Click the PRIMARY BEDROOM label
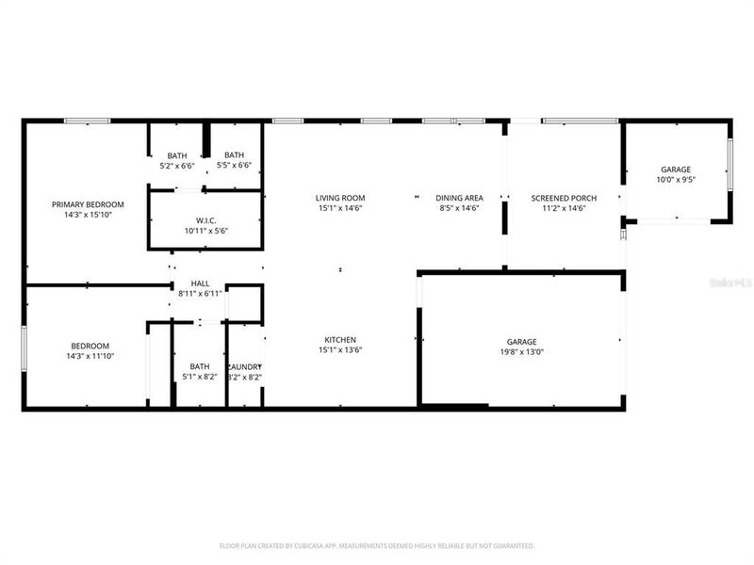coord(88,203)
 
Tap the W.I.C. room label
coord(206,219)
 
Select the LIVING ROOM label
coord(340,198)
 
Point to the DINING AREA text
coord(459,198)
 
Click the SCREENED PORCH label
coord(564,198)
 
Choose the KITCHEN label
coord(340,339)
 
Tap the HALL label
coord(200,282)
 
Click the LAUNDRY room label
coord(245,366)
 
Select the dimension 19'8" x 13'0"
coord(521,352)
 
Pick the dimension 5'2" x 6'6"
coord(177,166)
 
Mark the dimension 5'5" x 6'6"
coord(234,166)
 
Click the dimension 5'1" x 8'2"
coord(200,377)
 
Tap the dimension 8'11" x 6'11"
coord(200,294)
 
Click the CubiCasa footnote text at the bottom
coord(377,545)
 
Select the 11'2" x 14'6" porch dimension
coord(564,208)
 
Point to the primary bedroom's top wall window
coord(87,121)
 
